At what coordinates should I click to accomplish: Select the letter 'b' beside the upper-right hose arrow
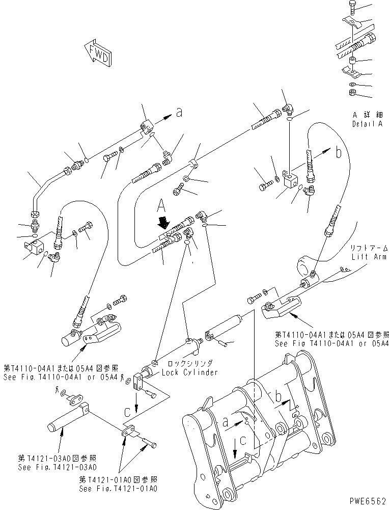338,151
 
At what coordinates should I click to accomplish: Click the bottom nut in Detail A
352,93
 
